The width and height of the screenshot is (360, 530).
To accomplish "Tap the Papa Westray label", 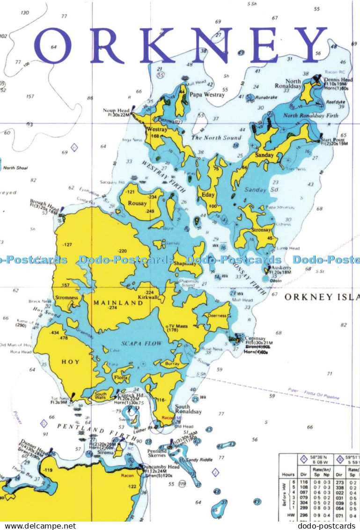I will (207, 95).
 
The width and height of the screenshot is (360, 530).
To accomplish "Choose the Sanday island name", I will (264, 155).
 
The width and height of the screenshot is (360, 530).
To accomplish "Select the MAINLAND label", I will (111, 302).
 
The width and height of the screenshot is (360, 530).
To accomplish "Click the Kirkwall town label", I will (148, 297).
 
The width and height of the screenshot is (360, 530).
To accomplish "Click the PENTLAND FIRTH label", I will (91, 428).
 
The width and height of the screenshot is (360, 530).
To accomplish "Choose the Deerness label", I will (217, 316).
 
